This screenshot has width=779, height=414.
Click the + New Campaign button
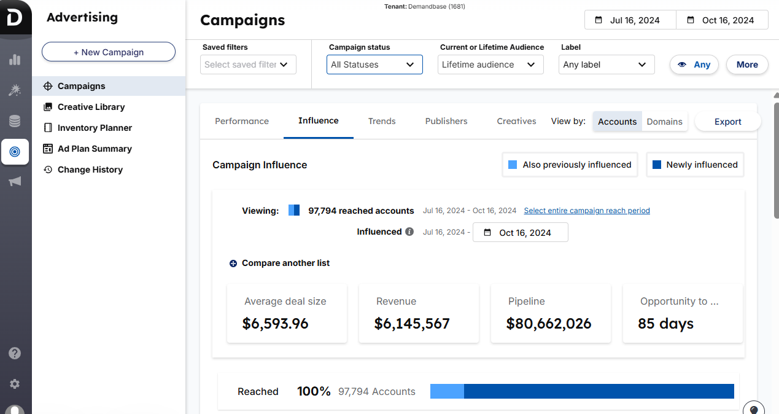click(109, 52)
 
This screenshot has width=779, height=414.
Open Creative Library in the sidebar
click(91, 107)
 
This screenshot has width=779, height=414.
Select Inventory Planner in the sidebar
click(95, 128)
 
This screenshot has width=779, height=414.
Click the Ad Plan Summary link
click(95, 149)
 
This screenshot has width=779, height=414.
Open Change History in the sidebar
click(90, 170)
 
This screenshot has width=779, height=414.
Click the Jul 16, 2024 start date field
click(630, 20)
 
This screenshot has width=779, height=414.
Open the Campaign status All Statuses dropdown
click(374, 64)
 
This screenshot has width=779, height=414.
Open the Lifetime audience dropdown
click(490, 64)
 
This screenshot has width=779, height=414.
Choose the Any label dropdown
click(606, 64)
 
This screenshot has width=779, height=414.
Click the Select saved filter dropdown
click(248, 64)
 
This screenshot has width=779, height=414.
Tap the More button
click(746, 64)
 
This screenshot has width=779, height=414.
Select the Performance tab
click(242, 121)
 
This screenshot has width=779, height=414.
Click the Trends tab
click(382, 121)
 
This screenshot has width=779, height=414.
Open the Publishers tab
click(446, 121)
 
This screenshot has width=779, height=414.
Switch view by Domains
click(664, 122)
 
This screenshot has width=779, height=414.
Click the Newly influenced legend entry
click(695, 165)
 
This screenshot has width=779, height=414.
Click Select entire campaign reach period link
click(586, 211)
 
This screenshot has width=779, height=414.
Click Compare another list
click(285, 263)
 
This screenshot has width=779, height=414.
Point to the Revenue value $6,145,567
click(412, 324)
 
